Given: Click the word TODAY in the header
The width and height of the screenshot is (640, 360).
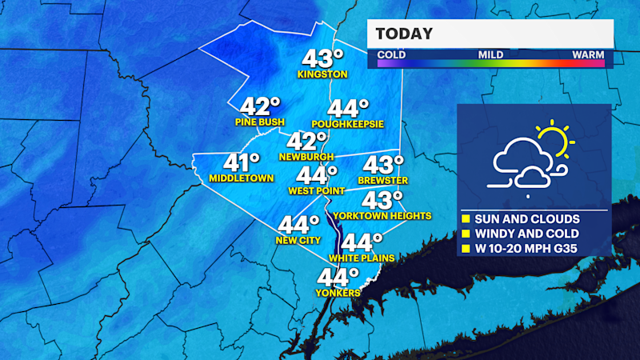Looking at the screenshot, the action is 404,34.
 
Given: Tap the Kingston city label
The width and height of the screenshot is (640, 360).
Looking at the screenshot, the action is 322,75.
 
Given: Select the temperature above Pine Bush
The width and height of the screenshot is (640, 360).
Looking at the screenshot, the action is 261,106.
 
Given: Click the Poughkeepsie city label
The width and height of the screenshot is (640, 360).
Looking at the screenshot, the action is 347,124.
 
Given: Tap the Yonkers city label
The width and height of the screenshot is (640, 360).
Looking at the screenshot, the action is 338,293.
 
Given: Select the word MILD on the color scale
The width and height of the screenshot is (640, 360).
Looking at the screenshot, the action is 490,55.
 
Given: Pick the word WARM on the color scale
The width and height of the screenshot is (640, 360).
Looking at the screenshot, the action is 587,55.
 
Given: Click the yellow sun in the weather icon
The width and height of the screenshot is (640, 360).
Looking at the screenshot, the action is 554,139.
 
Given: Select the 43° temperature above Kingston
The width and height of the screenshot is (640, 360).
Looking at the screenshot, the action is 322,58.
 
